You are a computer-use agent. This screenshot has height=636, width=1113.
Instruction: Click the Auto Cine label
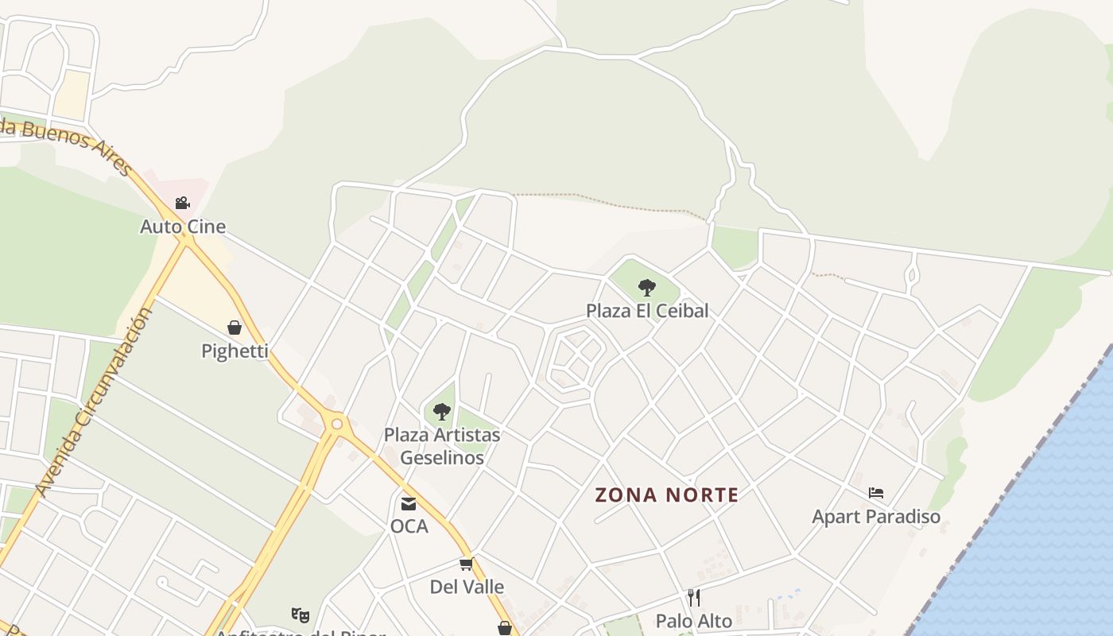point(183,227)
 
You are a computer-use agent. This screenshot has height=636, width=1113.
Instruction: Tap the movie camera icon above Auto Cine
point(183,203)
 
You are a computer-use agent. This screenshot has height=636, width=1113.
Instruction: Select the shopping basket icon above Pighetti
point(235,327)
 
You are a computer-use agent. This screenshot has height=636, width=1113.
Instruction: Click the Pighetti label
point(235,351)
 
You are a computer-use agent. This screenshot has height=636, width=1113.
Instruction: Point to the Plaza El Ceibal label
point(647,310)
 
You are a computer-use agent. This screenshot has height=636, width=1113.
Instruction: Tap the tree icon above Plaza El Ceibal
point(647,287)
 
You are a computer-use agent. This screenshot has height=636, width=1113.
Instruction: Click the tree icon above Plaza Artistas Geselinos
point(442,411)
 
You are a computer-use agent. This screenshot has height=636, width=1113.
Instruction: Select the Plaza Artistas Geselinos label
point(442,446)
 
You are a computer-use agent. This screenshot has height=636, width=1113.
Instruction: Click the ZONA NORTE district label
point(667,495)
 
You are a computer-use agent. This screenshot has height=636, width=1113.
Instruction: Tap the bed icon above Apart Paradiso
point(876,493)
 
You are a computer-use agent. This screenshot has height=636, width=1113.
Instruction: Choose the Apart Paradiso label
point(876,517)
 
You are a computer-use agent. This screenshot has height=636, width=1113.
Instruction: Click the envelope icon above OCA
point(409,503)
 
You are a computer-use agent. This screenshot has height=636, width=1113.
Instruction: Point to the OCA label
point(409,526)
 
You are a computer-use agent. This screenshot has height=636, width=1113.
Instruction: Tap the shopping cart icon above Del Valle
point(467,564)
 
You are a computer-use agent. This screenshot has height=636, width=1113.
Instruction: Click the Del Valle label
point(467,587)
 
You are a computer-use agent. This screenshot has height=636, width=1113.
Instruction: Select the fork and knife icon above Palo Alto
point(694,597)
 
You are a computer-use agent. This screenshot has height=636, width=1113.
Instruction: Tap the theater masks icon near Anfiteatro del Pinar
point(300,615)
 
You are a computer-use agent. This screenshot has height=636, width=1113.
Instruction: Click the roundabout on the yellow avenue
point(337,424)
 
